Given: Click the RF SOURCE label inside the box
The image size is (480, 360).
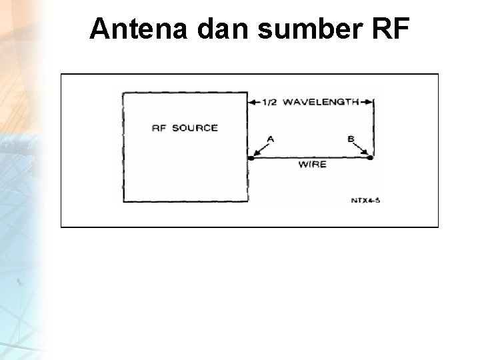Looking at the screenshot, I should point(185,127).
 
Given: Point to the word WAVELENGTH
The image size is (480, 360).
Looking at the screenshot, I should point(320,102).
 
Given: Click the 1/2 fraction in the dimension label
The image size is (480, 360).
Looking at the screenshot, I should point(270,102).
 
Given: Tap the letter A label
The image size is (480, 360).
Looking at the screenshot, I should point(270,139).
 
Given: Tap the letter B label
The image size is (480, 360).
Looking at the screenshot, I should point(351,139).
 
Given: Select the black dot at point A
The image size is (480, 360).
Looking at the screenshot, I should point(252,158).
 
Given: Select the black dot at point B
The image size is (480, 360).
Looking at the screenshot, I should point(371,158).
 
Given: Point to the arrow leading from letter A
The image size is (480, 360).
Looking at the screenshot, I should point(261,149).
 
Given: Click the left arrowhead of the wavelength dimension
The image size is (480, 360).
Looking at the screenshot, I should point(251,102).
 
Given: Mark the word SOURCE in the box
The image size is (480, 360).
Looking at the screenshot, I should point(195,127).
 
